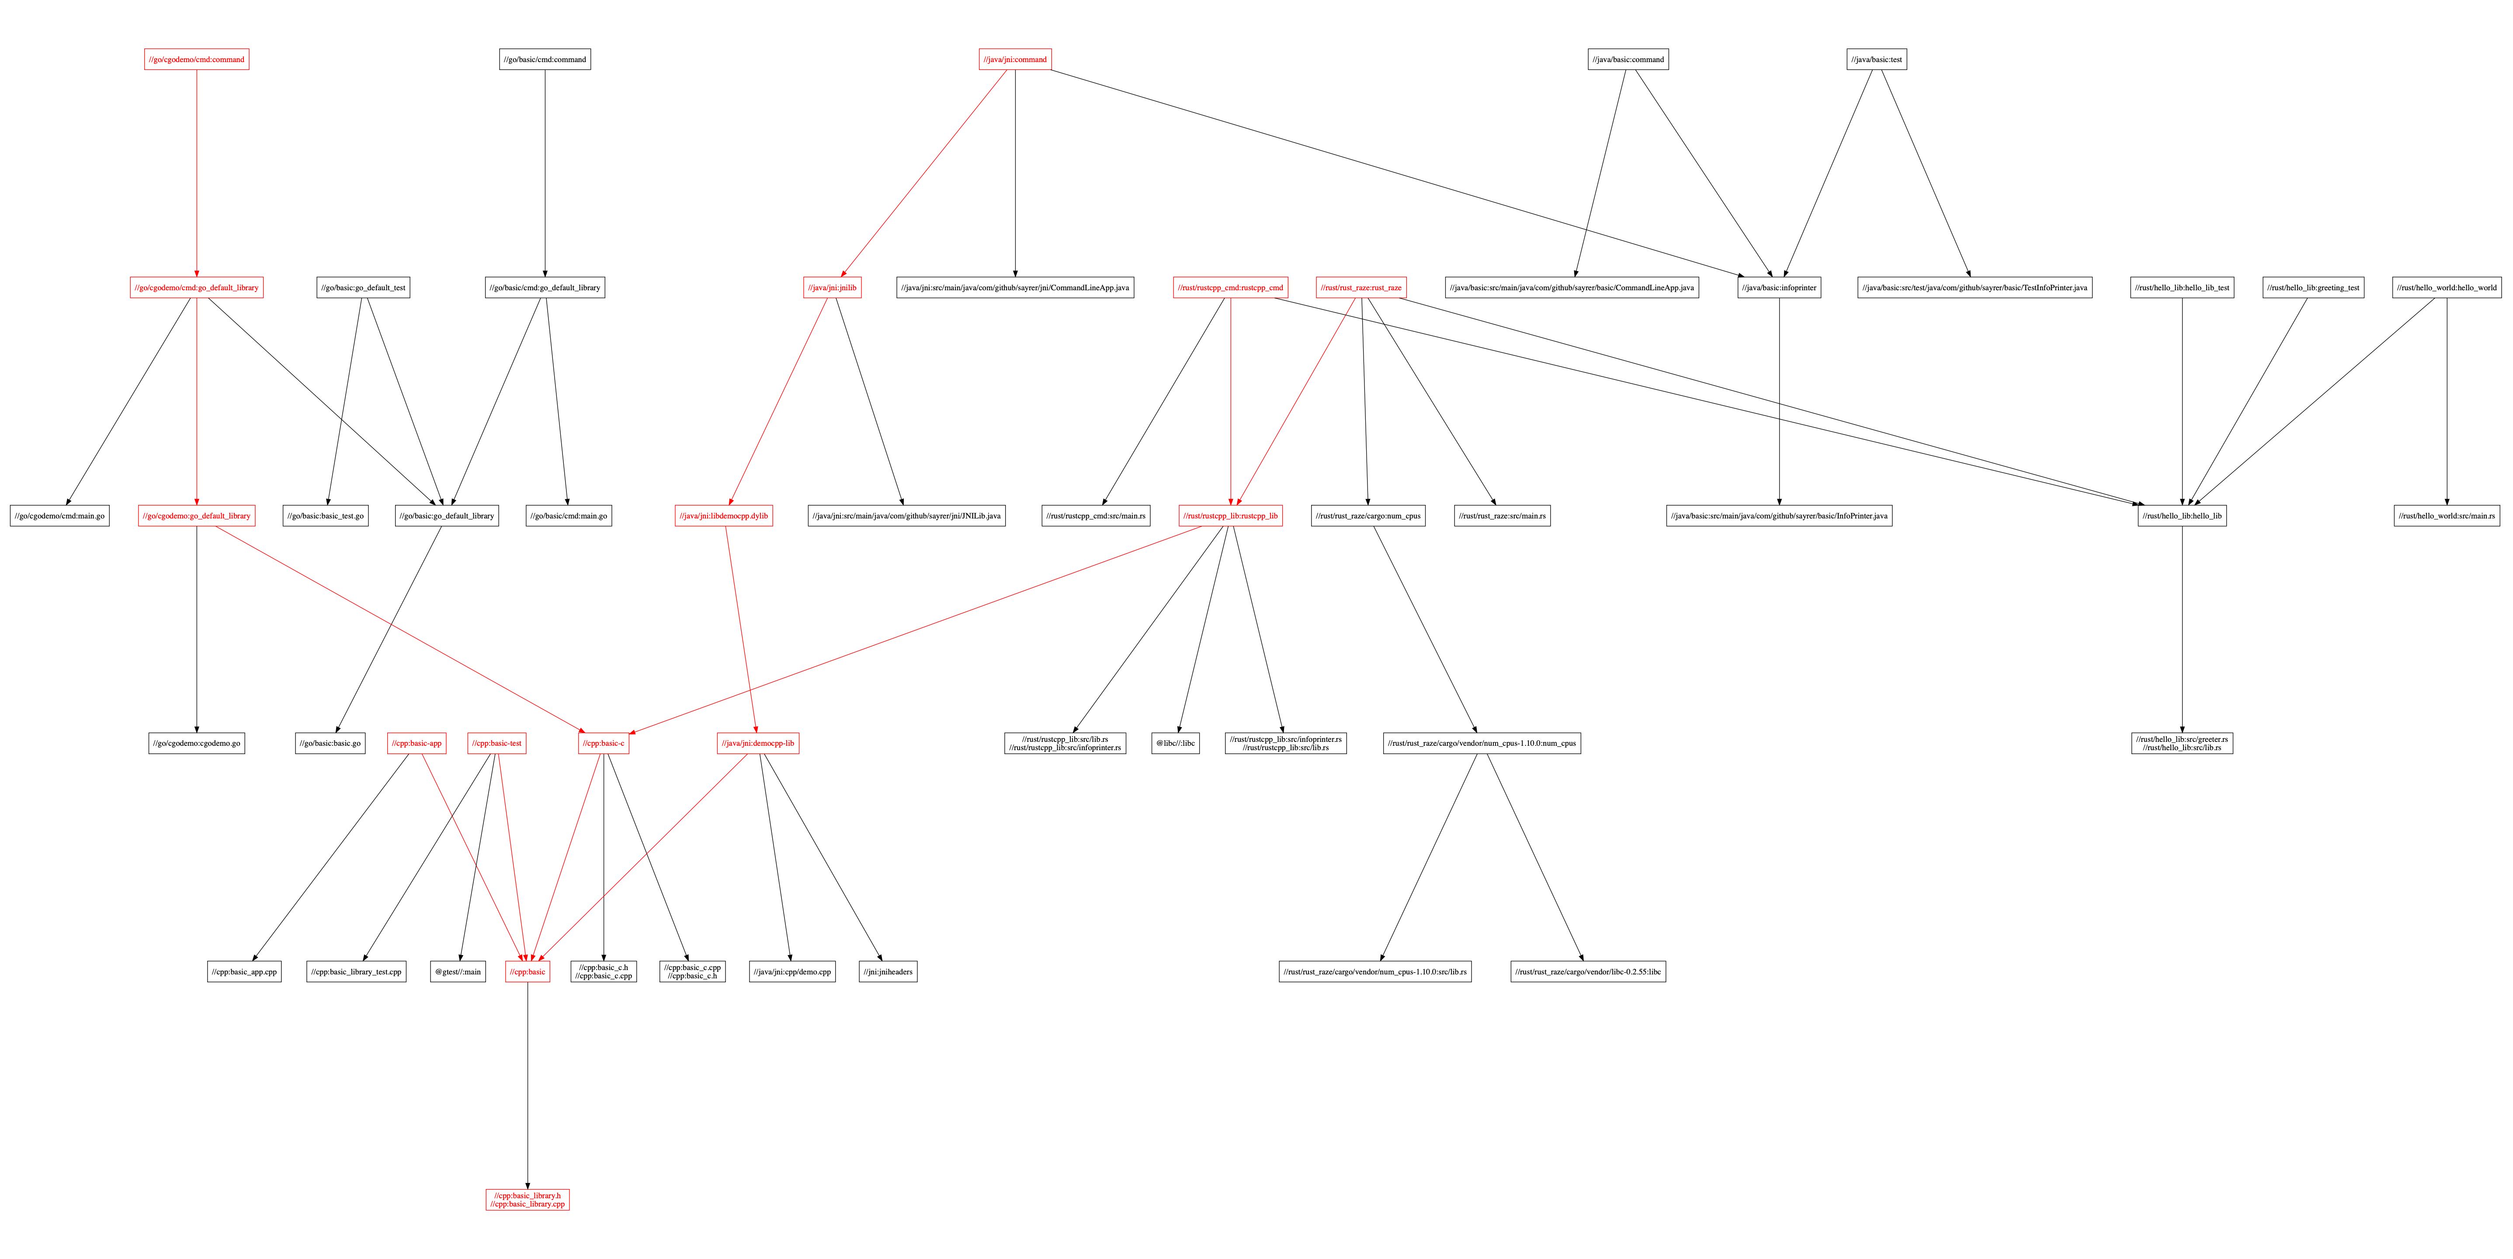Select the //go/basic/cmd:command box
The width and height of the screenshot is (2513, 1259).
545,59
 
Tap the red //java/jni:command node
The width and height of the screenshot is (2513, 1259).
1014,59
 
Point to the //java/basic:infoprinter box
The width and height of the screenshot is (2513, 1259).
1778,288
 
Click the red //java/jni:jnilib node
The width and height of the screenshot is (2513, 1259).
832,288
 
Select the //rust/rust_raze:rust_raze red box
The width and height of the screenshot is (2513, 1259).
1361,288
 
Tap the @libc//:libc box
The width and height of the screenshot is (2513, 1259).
1176,744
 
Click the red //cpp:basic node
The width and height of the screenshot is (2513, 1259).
528,972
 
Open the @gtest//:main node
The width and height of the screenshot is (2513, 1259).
458,972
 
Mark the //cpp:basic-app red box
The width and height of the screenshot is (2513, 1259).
417,744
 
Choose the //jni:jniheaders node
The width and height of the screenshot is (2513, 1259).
888,972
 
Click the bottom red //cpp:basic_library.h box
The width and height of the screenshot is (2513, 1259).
528,1200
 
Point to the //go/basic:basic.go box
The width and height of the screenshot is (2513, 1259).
330,744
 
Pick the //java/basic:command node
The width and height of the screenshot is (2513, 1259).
1628,59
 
